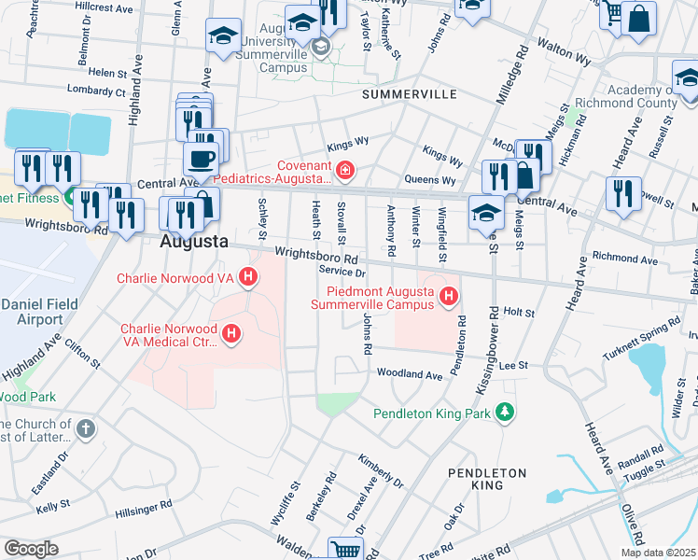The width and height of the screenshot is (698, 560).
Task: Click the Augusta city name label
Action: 194,241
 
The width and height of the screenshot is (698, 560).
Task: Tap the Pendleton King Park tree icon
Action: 505,412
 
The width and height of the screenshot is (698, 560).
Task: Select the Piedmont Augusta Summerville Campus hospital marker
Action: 449,297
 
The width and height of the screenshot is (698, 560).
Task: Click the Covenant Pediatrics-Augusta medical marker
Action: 345,169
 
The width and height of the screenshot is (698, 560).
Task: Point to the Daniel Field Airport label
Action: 33,312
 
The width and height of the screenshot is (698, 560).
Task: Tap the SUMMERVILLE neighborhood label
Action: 409,95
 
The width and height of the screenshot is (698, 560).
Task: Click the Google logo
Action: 31,548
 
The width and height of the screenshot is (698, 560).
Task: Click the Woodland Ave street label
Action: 409,374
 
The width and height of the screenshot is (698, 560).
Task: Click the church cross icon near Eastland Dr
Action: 85,430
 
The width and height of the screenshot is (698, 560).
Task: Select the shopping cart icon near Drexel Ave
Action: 346,550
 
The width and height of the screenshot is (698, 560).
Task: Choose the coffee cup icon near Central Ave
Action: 204,158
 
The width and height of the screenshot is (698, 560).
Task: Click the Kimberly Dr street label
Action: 381,472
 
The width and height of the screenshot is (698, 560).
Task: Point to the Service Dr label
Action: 341,272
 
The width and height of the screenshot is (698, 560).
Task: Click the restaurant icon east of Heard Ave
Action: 622,193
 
